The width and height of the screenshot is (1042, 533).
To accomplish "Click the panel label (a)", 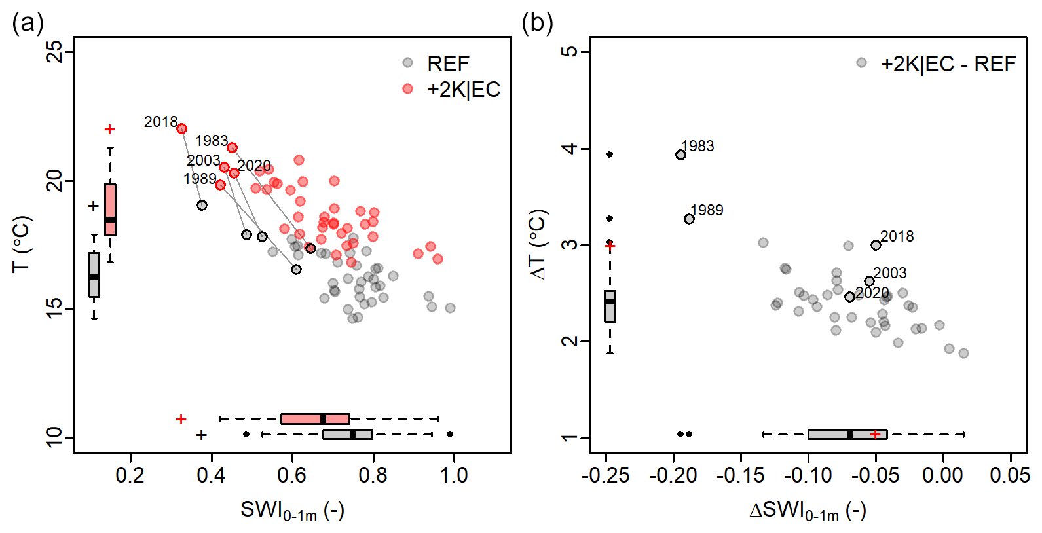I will [28, 24].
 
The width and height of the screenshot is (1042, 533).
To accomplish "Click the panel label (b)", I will [537, 24].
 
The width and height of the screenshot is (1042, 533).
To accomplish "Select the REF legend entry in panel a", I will [447, 64].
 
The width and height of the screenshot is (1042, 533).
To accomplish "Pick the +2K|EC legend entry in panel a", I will [463, 89].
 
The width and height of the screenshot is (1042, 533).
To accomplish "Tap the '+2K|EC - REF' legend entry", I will [948, 64].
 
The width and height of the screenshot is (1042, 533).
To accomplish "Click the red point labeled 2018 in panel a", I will [181, 129].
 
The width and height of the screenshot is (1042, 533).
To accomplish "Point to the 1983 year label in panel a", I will [211, 141].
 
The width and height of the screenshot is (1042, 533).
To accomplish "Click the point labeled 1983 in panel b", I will [680, 155].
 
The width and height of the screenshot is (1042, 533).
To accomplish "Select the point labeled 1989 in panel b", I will [689, 219].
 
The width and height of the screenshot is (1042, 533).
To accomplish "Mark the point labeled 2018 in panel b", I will [876, 245].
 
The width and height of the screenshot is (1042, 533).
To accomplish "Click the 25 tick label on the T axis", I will [55, 51].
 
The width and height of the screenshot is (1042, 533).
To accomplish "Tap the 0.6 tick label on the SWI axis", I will [292, 475].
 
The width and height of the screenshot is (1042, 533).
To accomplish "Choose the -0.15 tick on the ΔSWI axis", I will [741, 475].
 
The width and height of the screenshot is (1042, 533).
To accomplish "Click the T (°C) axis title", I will [21, 244].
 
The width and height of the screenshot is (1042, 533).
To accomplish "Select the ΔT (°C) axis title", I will [538, 244].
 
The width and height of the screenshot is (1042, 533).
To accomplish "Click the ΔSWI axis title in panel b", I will [807, 510].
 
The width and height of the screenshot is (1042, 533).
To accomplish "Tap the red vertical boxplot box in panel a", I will [110, 210].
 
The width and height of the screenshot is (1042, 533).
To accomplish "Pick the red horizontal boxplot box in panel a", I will [315, 419].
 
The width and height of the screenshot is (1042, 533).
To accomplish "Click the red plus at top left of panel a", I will [110, 129].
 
